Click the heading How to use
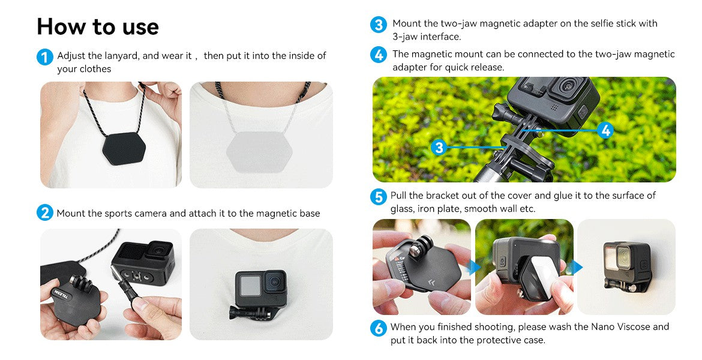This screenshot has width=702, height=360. [x=98, y=26]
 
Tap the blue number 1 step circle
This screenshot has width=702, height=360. [x=44, y=58]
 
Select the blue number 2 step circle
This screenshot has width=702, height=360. [x=44, y=212]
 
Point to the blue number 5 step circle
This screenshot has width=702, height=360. [x=379, y=197]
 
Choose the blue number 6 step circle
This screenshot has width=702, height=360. [x=379, y=328]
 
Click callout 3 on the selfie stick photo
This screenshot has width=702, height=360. [x=439, y=147]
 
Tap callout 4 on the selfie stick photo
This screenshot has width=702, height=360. [x=605, y=130]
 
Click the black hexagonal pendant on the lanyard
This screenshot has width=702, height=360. [x=124, y=148]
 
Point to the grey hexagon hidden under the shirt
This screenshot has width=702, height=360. [x=259, y=151]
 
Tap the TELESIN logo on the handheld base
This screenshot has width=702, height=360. [x=62, y=295]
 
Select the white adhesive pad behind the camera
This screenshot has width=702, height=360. [x=540, y=276]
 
